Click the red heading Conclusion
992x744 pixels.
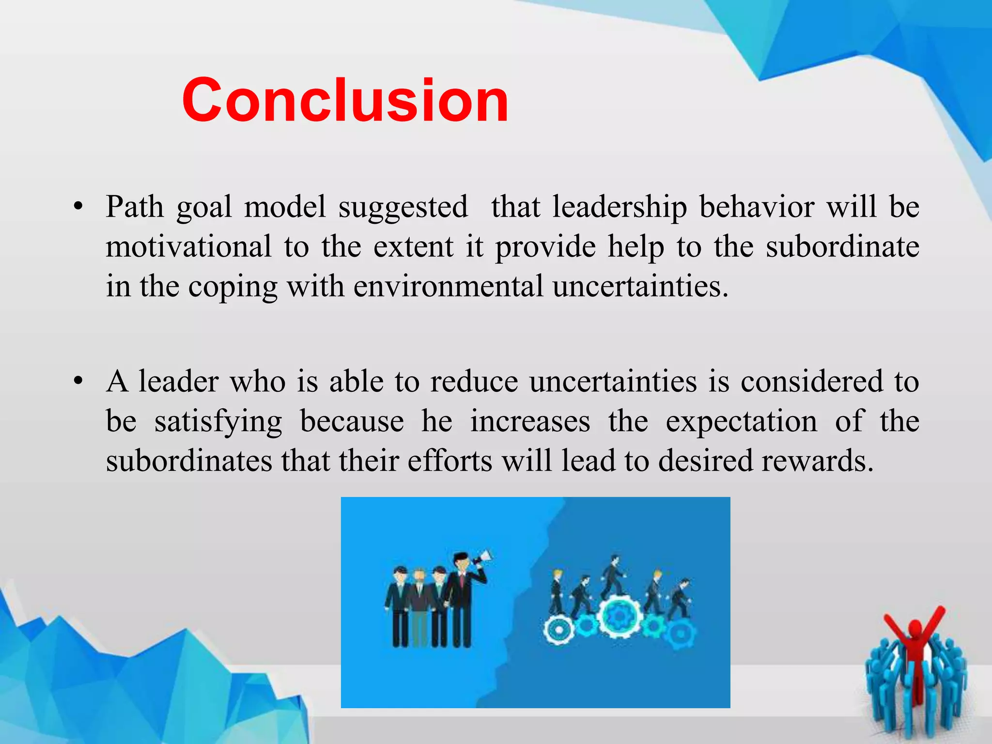[x=345, y=101]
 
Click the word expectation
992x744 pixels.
[x=741, y=422]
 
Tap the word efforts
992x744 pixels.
[x=450, y=461]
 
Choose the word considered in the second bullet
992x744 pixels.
[x=812, y=382]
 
